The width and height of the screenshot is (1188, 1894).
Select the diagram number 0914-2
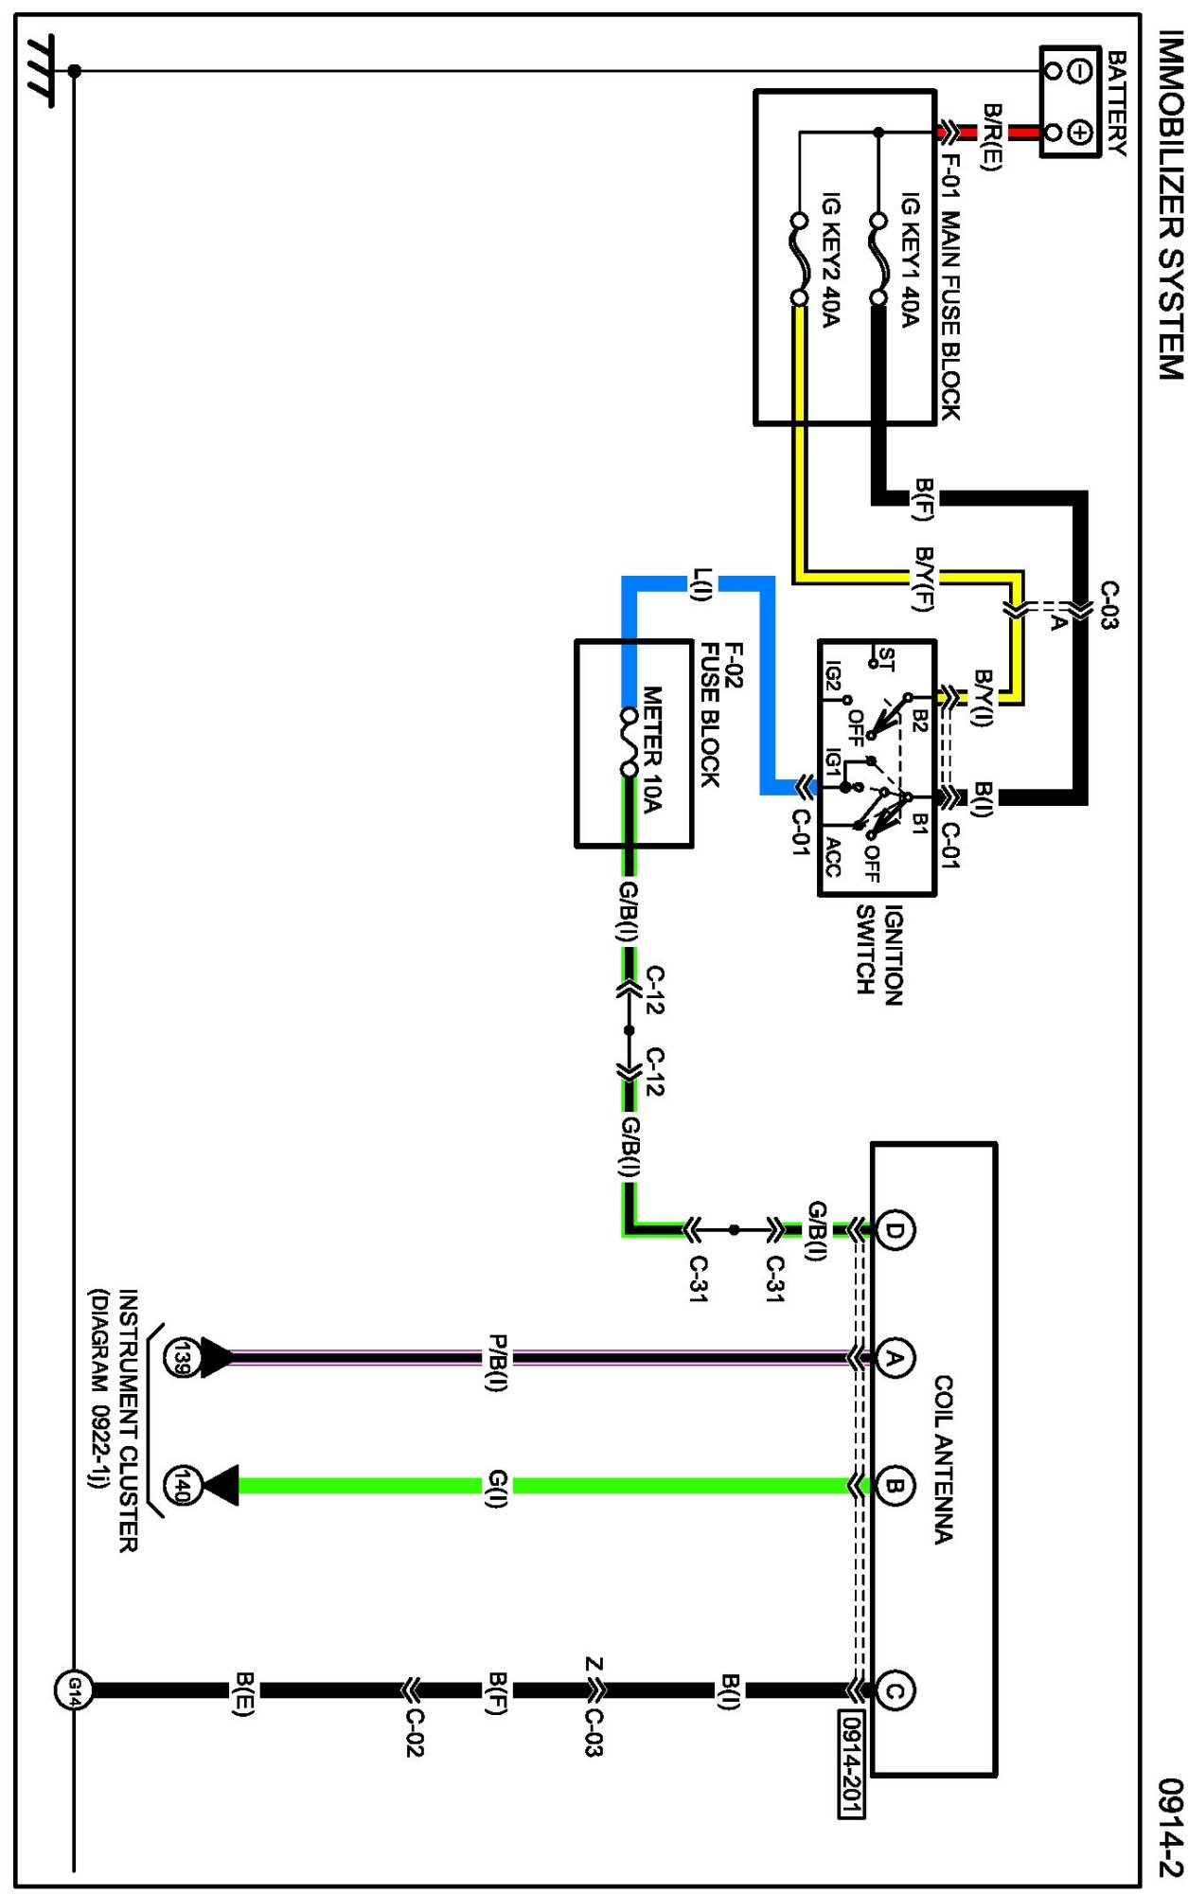pos(1171,1827)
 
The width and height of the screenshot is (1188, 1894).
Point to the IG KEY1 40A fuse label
pos(910,260)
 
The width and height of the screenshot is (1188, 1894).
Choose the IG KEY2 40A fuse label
pos(830,260)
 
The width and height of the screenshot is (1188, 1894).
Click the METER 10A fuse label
pos(652,749)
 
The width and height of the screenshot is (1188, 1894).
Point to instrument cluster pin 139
pos(180,1357)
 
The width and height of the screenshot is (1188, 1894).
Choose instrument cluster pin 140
pos(180,1485)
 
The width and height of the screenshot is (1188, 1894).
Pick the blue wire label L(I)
pos(700,583)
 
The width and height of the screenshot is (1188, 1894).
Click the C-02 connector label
pos(414,1731)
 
